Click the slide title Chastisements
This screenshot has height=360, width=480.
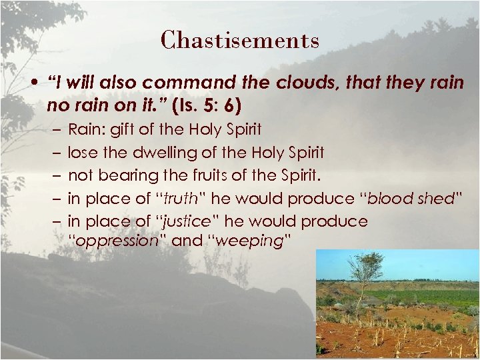pos(240,40)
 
